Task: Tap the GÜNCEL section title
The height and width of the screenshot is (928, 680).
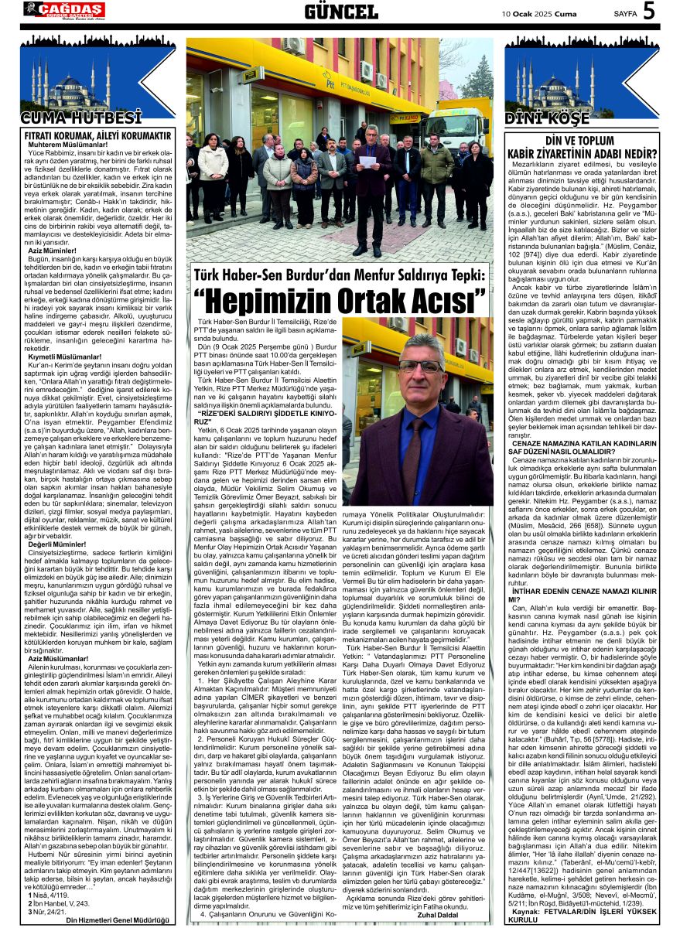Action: (x=341, y=11)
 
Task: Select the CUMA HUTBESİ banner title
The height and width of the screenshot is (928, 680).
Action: (x=81, y=118)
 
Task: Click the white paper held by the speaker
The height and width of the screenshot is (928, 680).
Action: (x=367, y=162)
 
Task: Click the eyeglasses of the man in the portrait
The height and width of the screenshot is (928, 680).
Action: (x=422, y=365)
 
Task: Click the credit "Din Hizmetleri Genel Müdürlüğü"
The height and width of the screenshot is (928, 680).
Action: (x=119, y=919)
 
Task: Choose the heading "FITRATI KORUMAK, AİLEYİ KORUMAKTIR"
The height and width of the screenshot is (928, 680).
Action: (x=97, y=135)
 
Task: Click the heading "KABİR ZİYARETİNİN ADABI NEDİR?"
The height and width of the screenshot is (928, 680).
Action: (x=590, y=152)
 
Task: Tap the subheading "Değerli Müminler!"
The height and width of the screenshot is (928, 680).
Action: (x=57, y=544)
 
